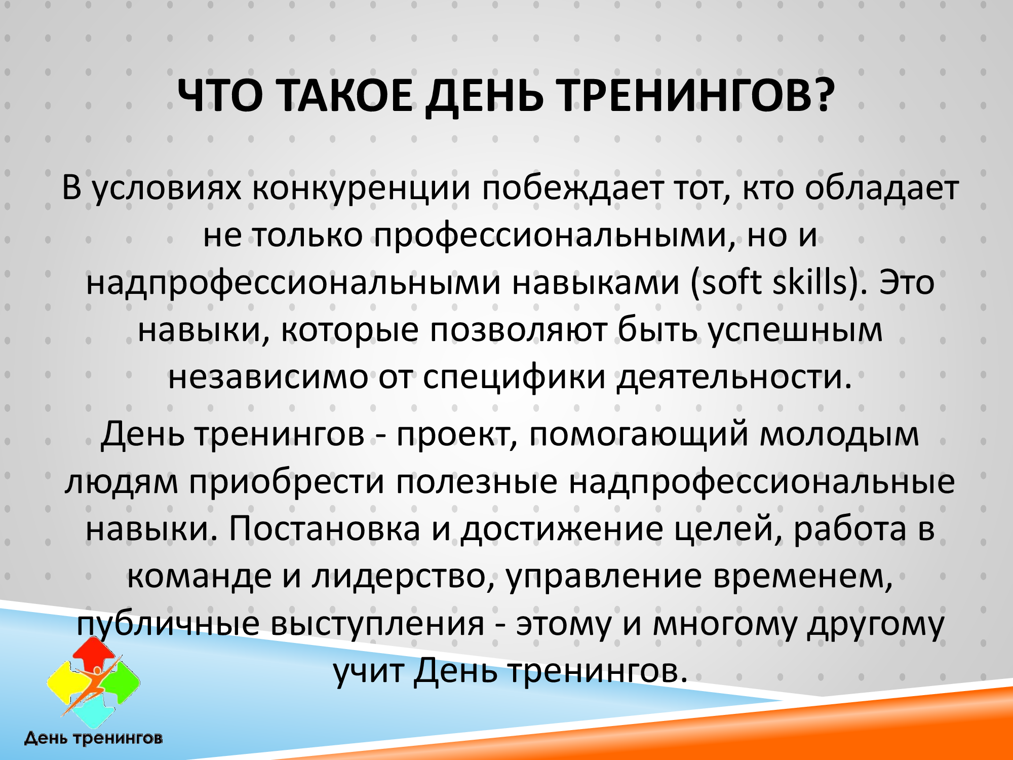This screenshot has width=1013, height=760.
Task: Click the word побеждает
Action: click(x=572, y=187)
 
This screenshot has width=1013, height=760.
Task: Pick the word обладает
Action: click(x=881, y=187)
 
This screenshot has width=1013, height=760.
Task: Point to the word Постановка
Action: click(x=324, y=529)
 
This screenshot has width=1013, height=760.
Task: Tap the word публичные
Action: click(x=168, y=625)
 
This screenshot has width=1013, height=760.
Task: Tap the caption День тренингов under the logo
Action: click(x=94, y=739)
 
